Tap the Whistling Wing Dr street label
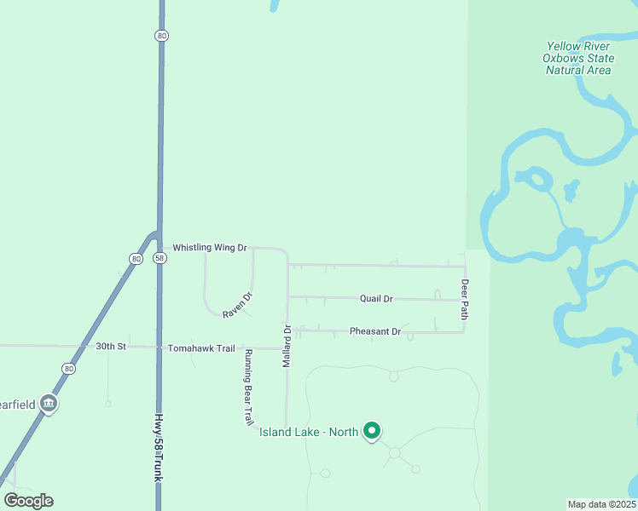tap(209, 248)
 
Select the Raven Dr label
tap(238, 305)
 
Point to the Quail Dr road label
tap(376, 299)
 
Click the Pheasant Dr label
tap(374, 331)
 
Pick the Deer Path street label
tap(465, 299)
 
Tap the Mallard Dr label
tap(287, 346)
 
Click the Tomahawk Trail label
tap(200, 347)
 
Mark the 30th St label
tap(111, 347)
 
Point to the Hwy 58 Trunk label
tap(158, 449)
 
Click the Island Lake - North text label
tap(308, 432)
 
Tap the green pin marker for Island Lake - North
tap(371, 431)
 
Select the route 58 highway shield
tap(159, 258)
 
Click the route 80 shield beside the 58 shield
tap(136, 258)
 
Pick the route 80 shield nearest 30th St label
tap(68, 368)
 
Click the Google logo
tap(28, 501)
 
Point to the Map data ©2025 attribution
tap(600, 504)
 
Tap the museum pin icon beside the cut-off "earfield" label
tap(49, 404)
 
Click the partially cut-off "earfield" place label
tap(17, 405)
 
